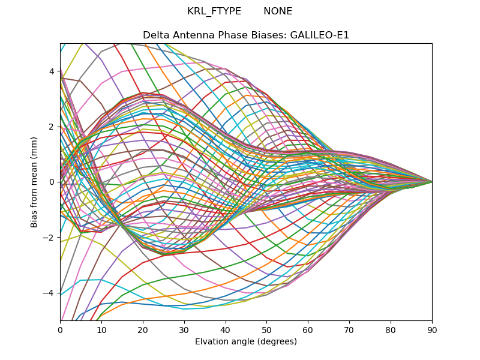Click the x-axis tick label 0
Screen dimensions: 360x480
(60, 329)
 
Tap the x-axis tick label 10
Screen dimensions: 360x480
(101, 329)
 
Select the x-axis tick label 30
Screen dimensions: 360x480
(184, 329)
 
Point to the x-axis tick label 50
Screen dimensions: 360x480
(266, 329)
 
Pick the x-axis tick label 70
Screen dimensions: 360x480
(349, 329)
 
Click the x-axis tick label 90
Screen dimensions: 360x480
(432, 329)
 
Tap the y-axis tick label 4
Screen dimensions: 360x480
(52, 71)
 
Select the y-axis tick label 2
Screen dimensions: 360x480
(52, 127)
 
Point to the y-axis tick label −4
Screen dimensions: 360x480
(49, 293)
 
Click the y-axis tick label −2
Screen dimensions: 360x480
(49, 238)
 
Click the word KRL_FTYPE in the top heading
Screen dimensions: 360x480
(214, 11)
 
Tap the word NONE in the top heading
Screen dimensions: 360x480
(278, 11)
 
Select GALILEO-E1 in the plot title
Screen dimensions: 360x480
(320, 35)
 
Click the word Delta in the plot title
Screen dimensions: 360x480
(155, 35)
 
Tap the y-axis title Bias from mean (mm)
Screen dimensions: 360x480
(35, 181)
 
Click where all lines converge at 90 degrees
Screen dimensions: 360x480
(431, 182)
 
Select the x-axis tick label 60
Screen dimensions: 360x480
(308, 329)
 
